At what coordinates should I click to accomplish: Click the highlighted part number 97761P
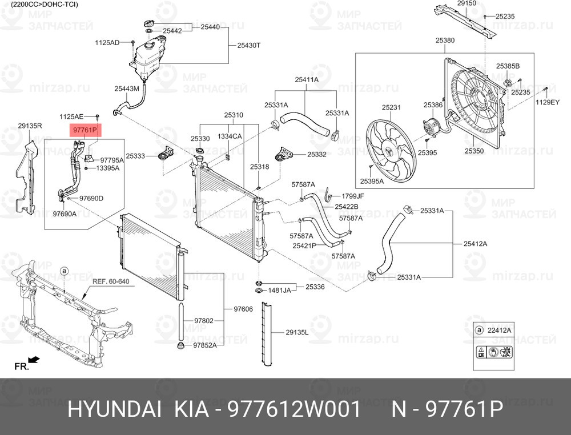(85, 130)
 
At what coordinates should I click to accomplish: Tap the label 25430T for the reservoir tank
(249, 46)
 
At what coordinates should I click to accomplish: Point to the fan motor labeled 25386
(431, 127)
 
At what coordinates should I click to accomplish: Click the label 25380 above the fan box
(445, 41)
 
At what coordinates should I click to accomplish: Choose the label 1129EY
(548, 102)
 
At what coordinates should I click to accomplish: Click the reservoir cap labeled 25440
(149, 23)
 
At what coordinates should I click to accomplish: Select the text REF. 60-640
(111, 281)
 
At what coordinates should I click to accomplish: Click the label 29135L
(297, 332)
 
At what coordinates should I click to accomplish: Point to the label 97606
(243, 309)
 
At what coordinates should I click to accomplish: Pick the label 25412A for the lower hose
(475, 244)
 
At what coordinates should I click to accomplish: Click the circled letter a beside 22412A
(480, 331)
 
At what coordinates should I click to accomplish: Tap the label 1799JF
(352, 196)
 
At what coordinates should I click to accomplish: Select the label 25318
(260, 167)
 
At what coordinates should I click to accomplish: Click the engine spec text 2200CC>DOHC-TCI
(45, 5)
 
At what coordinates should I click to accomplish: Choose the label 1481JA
(280, 291)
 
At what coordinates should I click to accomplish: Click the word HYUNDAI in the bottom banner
(114, 409)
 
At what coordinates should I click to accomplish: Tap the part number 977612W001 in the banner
(294, 409)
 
